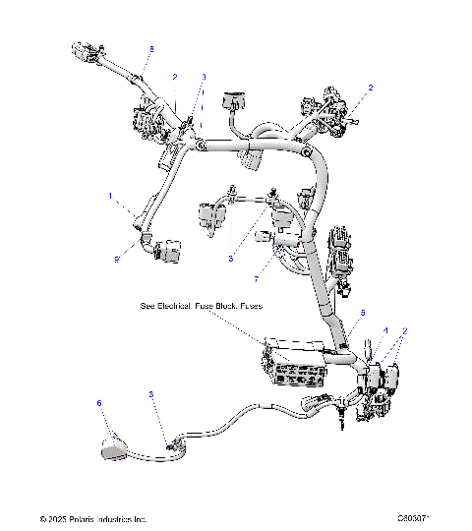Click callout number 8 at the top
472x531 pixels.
(x=150, y=48)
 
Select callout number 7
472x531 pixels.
(x=257, y=265)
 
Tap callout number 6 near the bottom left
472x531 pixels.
(x=98, y=403)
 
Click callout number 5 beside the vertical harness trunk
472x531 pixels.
(x=362, y=314)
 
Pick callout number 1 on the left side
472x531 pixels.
(x=111, y=196)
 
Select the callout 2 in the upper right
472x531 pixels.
(x=370, y=88)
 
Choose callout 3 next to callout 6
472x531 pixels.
(x=150, y=394)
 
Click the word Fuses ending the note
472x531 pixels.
(x=249, y=307)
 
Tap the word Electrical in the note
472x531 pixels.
(x=178, y=307)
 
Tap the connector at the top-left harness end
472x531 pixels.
(x=85, y=49)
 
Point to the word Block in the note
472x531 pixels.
(x=223, y=307)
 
